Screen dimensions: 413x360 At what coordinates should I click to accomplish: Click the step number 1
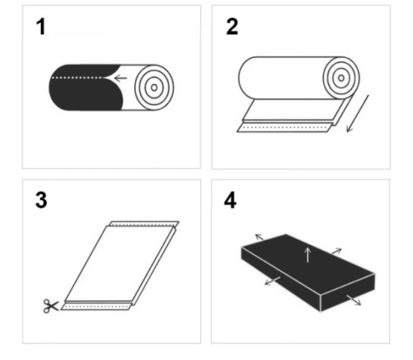pyautogui.click(x=41, y=26)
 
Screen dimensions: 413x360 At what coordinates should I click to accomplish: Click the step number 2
pyautogui.click(x=232, y=26)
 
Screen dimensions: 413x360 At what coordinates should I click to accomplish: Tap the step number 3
pyautogui.click(x=41, y=200)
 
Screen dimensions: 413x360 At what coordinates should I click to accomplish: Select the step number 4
pyautogui.click(x=230, y=200)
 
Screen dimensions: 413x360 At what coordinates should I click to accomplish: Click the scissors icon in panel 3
pyautogui.click(x=51, y=306)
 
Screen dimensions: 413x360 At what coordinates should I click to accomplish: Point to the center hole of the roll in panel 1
pyautogui.click(x=154, y=87)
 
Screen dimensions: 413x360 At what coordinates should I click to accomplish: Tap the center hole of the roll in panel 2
pyautogui.click(x=341, y=78)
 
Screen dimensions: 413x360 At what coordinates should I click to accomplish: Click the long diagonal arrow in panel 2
pyautogui.click(x=357, y=114)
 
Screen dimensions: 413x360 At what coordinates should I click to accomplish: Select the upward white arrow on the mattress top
pyautogui.click(x=308, y=255)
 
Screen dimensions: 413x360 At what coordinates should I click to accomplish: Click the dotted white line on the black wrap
pyautogui.click(x=77, y=78)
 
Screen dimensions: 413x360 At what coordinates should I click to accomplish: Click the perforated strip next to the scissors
pyautogui.click(x=97, y=307)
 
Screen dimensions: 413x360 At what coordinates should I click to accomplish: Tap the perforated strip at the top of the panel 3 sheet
pyautogui.click(x=145, y=224)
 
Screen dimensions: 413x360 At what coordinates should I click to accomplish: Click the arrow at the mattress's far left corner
pyautogui.click(x=260, y=237)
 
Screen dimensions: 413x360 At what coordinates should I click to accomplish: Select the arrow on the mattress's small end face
pyautogui.click(x=353, y=300)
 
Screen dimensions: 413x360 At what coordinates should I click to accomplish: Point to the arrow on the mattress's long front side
pyautogui.click(x=273, y=280)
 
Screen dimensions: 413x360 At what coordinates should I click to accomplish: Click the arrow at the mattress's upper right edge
pyautogui.click(x=337, y=251)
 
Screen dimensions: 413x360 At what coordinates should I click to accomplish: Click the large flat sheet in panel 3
pyautogui.click(x=119, y=263)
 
